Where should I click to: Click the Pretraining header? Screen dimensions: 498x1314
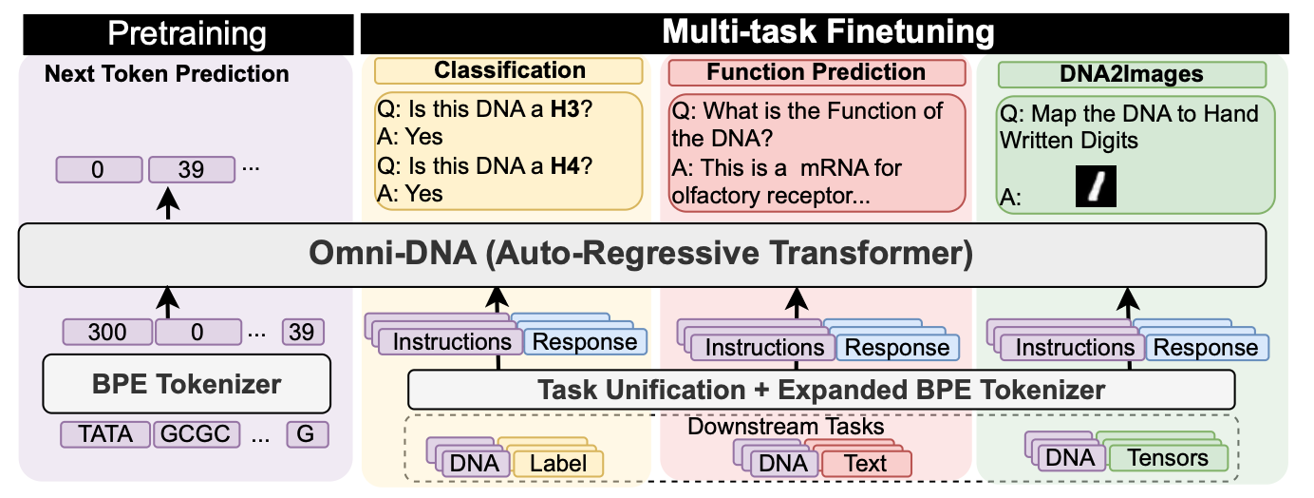(x=186, y=34)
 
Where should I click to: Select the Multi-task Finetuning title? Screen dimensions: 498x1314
(x=827, y=31)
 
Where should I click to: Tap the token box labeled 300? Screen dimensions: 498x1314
(x=107, y=333)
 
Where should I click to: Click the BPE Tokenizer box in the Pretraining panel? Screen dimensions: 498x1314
(x=186, y=384)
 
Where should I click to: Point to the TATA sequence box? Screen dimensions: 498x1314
(x=105, y=435)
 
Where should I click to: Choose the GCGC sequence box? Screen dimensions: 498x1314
(x=196, y=435)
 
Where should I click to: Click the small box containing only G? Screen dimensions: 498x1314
(x=306, y=435)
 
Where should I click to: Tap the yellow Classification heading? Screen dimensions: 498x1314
(x=510, y=71)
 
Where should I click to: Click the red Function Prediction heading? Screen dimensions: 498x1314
(x=817, y=72)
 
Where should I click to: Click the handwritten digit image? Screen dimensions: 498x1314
(x=1095, y=186)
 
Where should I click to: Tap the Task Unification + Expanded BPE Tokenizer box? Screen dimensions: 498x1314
(x=821, y=390)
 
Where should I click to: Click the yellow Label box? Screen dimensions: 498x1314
(x=558, y=464)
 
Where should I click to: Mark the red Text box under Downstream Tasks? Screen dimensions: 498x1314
(x=865, y=464)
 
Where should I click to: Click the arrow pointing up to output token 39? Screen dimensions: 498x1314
(x=169, y=203)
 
